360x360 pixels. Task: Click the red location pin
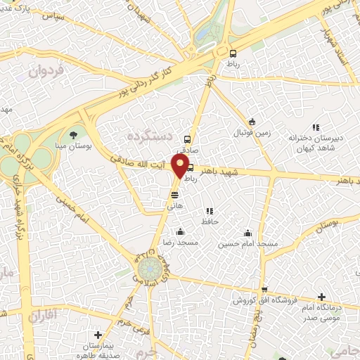point(179,166)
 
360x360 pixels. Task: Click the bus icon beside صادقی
point(187,139)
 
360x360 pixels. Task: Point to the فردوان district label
point(46,72)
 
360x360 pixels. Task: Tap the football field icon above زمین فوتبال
point(251,122)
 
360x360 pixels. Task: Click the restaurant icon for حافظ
point(209,211)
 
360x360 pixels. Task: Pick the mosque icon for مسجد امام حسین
point(247,233)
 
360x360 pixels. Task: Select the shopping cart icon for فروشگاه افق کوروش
point(264,289)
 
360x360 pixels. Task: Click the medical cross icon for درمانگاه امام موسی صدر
point(321,297)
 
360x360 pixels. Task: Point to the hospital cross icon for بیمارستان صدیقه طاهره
point(98,335)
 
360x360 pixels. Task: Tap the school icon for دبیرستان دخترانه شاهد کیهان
point(316,127)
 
